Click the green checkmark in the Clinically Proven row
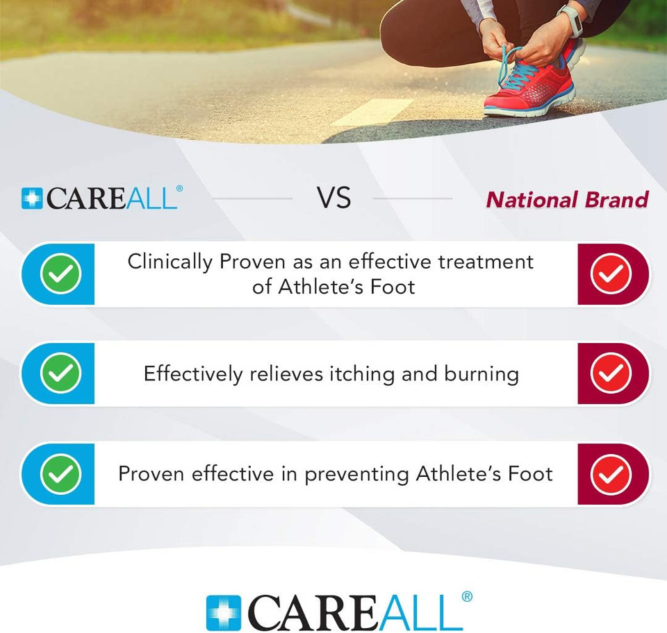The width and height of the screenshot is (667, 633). point(60,274)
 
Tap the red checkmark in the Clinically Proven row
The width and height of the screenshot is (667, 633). point(611,274)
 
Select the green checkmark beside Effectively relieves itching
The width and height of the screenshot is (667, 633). point(60,374)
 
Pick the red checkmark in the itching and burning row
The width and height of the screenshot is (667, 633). point(611,374)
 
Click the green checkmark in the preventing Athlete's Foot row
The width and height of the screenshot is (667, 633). point(60,474)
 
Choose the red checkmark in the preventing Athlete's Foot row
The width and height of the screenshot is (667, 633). point(611,474)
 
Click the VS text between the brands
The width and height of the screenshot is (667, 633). point(333,199)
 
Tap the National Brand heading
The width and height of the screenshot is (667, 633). point(567,200)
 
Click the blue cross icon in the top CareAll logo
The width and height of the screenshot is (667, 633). point(32,199)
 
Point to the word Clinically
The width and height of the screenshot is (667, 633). point(170,262)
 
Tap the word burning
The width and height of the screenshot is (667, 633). point(481,375)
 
